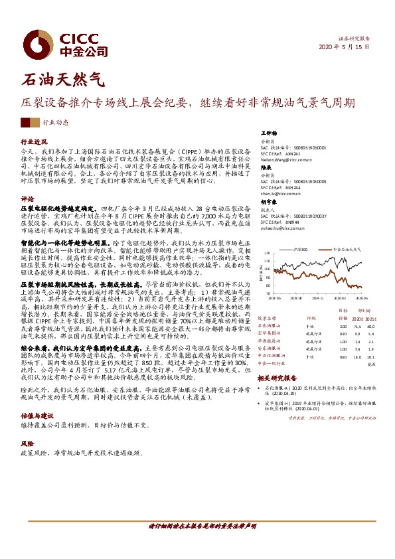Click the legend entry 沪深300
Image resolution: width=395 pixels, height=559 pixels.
(x=303, y=250)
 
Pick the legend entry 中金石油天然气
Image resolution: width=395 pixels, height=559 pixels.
(x=345, y=250)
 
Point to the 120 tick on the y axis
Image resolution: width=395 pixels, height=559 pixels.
(x=266, y=254)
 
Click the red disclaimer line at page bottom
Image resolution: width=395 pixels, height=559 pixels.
(x=197, y=526)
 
